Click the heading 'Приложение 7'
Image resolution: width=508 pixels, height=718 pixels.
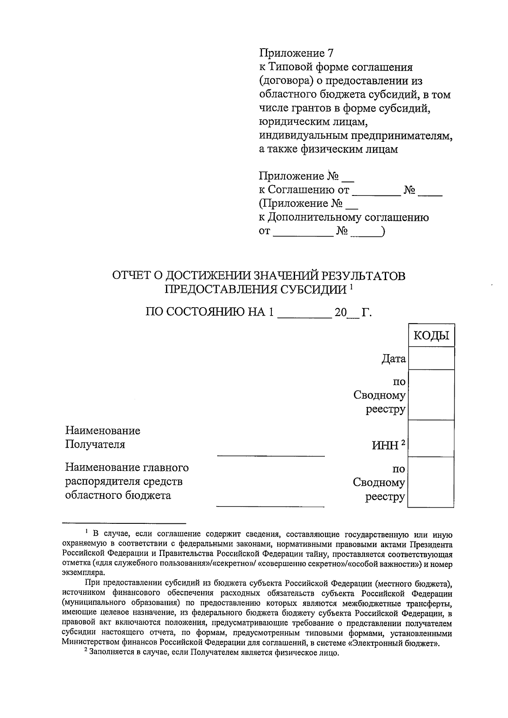point(296,54)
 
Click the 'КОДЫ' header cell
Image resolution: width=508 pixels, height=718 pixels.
point(431,336)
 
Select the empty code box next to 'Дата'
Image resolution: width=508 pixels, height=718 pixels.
point(431,359)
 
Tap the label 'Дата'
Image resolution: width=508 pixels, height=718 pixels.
point(393,359)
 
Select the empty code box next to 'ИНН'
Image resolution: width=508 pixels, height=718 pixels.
point(431,438)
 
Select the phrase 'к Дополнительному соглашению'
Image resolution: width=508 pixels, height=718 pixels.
point(343,217)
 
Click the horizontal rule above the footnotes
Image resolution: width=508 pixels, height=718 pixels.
point(124,523)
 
